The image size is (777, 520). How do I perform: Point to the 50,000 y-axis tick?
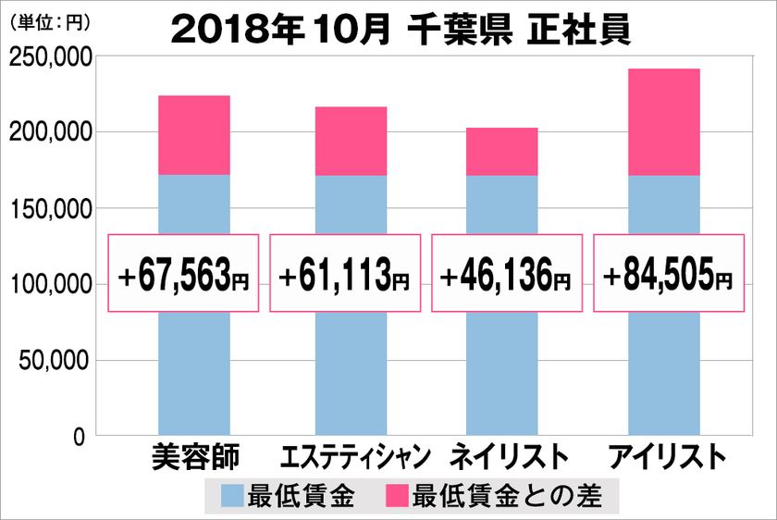54,360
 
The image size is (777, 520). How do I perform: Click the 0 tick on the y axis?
80,435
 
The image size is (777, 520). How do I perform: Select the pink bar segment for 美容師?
194,135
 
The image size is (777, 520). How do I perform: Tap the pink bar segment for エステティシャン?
351,141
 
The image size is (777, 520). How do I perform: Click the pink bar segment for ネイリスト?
501,152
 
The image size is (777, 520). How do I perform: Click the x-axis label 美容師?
194,456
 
